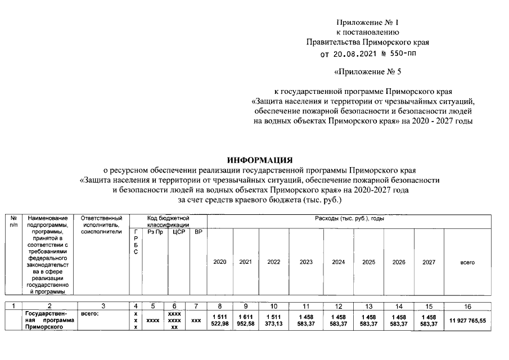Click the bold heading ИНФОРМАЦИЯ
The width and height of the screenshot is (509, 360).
(x=260, y=160)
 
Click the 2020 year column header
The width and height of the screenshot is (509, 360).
(x=220, y=262)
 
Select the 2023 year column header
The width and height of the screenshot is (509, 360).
(x=307, y=262)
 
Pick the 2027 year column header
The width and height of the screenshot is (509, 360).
(x=429, y=262)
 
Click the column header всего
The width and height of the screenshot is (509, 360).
(x=467, y=262)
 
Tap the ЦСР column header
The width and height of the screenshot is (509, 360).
(x=178, y=232)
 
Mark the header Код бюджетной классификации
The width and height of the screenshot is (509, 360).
(x=168, y=221)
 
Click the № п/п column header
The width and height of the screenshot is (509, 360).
(x=13, y=221)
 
